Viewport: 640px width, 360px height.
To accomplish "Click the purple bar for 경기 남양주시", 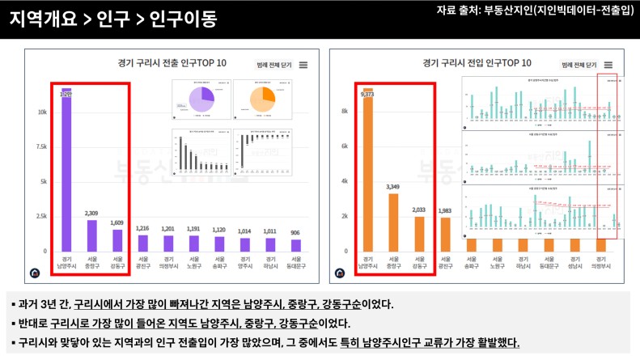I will [66, 170].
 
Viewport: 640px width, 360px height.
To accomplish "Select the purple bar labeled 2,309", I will [91, 235].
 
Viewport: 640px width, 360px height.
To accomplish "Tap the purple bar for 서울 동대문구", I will [297, 244].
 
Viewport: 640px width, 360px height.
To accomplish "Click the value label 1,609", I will [117, 222].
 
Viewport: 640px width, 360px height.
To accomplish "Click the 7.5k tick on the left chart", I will [41, 147].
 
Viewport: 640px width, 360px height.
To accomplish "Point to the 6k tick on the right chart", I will [344, 146].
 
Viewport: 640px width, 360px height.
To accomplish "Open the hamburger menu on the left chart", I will [303, 65].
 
